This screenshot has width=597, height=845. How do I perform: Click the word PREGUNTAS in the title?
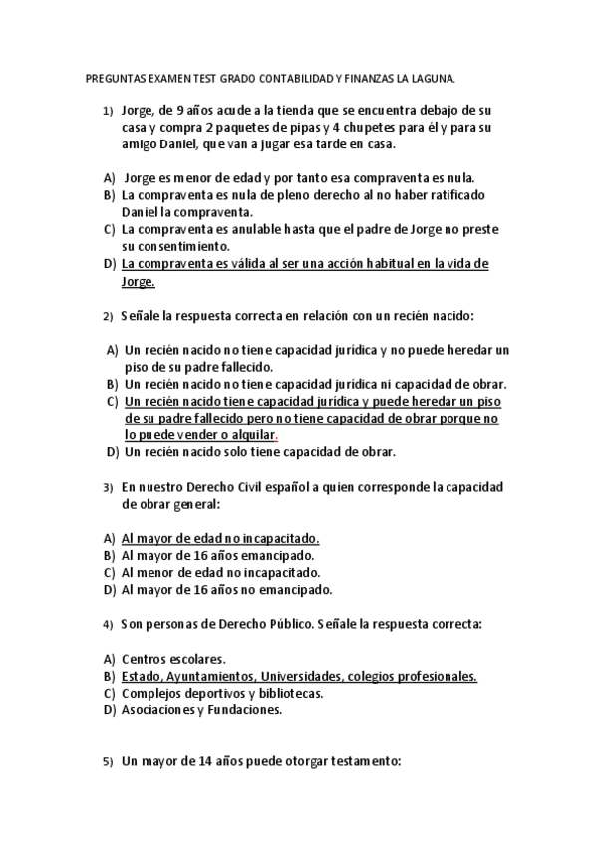(x=113, y=77)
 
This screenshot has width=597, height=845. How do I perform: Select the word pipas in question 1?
(x=311, y=128)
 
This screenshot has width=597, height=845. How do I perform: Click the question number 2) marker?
(x=107, y=318)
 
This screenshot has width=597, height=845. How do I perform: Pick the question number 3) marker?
(x=107, y=489)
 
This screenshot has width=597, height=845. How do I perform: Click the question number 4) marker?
(x=107, y=625)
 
